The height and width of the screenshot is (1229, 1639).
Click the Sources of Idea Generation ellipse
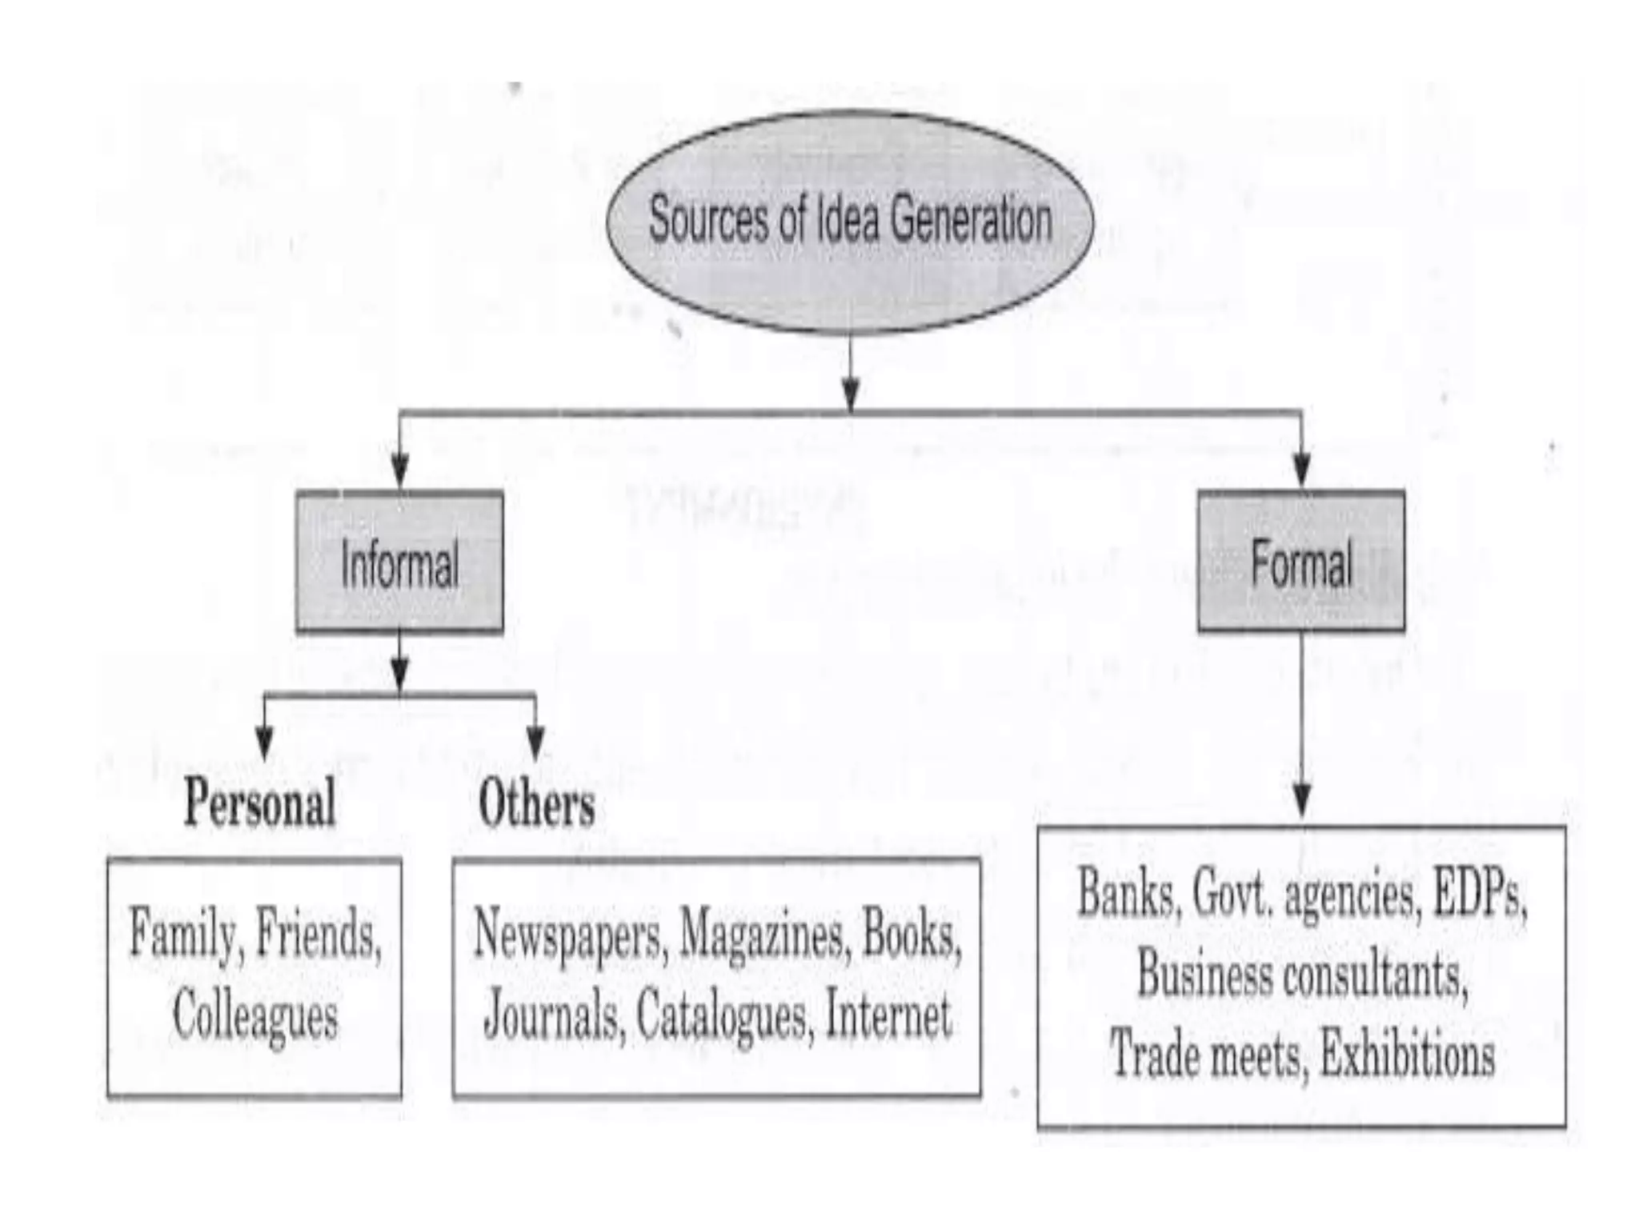pyautogui.click(x=850, y=220)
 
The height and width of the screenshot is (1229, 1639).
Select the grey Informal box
pyautogui.click(x=399, y=562)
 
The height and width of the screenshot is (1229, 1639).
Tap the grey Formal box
pyautogui.click(x=1300, y=562)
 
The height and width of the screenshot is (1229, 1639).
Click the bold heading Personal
pyautogui.click(x=259, y=803)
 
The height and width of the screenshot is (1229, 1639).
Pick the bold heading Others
pyautogui.click(x=536, y=803)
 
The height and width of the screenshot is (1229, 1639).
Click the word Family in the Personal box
pyautogui.click(x=182, y=935)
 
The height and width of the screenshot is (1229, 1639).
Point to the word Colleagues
pyautogui.click(x=254, y=1016)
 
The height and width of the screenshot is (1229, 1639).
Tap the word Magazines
pyautogui.click(x=763, y=935)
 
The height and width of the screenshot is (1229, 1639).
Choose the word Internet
pyautogui.click(x=888, y=1015)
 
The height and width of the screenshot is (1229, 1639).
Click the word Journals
pyautogui.click(x=554, y=1015)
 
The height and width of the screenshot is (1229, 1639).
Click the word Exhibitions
pyautogui.click(x=1407, y=1055)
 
